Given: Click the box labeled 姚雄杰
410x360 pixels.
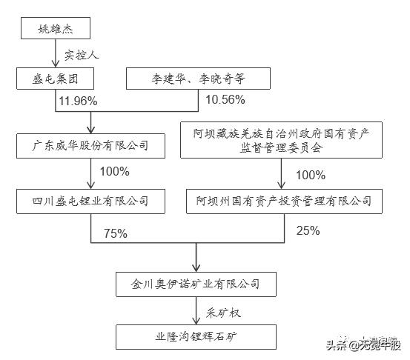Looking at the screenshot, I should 56,30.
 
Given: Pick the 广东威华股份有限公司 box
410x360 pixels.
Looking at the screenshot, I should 91,145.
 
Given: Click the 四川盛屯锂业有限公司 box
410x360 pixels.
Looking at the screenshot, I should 91,200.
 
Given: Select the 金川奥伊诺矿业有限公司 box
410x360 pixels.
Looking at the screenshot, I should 196,283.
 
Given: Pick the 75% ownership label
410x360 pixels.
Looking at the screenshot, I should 116,233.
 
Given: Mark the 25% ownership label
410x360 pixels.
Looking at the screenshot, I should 308,230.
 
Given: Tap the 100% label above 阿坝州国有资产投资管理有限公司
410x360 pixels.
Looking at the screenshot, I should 310,175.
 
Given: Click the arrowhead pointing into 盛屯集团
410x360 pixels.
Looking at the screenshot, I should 56,65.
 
